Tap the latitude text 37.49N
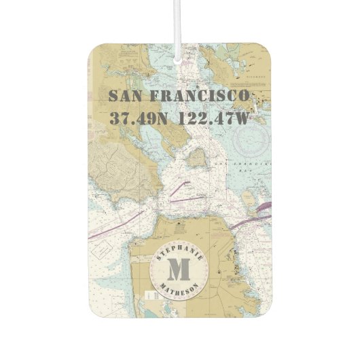click(x=139, y=118)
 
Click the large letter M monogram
click(x=179, y=270)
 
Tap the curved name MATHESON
click(x=179, y=291)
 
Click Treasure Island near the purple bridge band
click(x=249, y=200)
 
